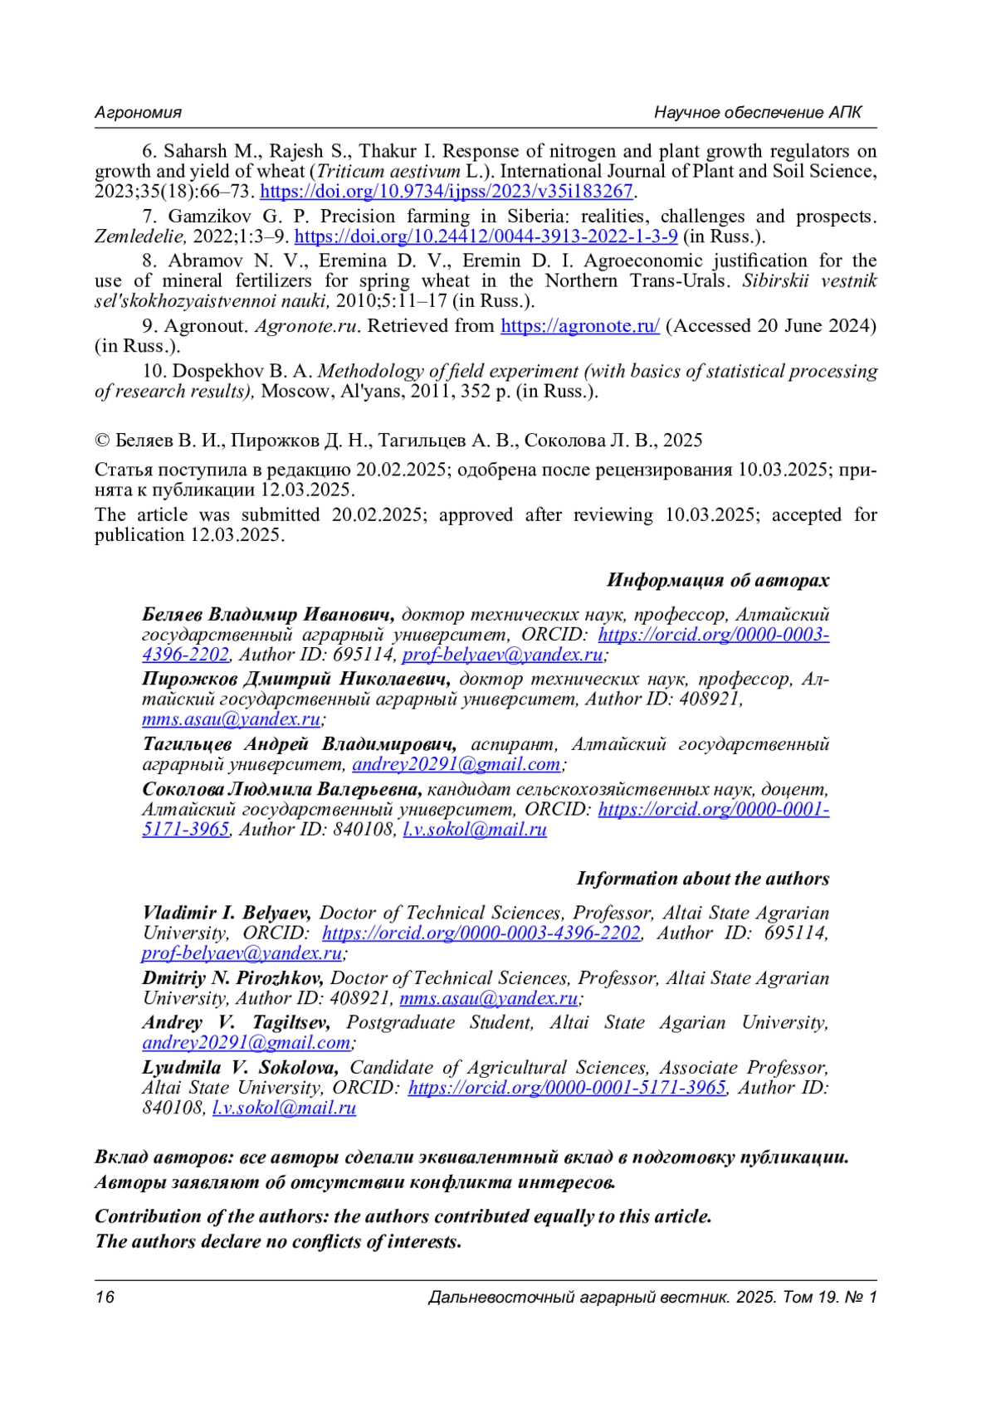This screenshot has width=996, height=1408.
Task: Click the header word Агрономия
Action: [x=138, y=113]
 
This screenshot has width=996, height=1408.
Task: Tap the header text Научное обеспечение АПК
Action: [x=758, y=113]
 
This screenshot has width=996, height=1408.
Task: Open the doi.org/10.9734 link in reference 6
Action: [x=447, y=192]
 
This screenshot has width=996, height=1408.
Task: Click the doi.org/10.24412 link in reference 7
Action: [x=486, y=236]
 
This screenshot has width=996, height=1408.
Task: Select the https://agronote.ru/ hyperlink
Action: [x=580, y=326]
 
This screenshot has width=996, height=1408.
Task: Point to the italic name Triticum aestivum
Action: [x=388, y=172]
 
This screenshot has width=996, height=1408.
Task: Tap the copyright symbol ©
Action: [x=102, y=441]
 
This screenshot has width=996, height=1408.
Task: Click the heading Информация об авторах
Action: [x=717, y=580]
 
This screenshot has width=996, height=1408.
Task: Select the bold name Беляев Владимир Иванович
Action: [x=268, y=616]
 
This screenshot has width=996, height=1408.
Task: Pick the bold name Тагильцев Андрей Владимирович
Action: [x=300, y=744]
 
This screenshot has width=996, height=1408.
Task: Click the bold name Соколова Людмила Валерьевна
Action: [x=282, y=789]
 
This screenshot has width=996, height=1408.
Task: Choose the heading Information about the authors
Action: [x=702, y=879]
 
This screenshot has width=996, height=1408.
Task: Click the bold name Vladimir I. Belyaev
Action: [x=227, y=913]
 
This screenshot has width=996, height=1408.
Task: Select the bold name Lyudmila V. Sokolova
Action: [x=240, y=1068]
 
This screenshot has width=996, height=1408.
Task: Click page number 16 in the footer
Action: [x=105, y=1298]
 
